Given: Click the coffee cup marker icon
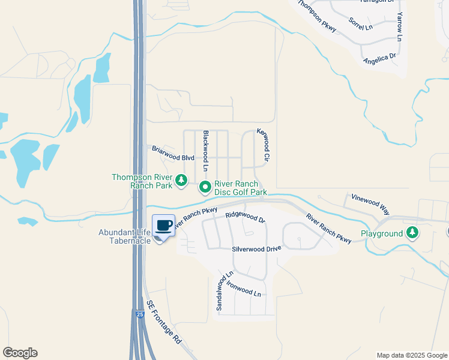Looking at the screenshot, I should click(163, 225).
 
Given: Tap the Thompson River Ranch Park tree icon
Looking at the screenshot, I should click(181, 181).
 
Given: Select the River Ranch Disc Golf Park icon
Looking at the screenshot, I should click(205, 188).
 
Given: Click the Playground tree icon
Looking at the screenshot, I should click(412, 233).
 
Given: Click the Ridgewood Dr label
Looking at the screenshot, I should click(245, 216).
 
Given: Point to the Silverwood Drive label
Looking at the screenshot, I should click(257, 248).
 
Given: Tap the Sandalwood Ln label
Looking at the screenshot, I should click(223, 291).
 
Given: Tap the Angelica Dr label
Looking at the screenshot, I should click(379, 59).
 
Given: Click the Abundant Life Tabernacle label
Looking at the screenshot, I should click(124, 236).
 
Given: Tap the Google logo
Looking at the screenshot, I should click(20, 353).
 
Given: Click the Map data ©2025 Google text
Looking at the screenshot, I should click(411, 355).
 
